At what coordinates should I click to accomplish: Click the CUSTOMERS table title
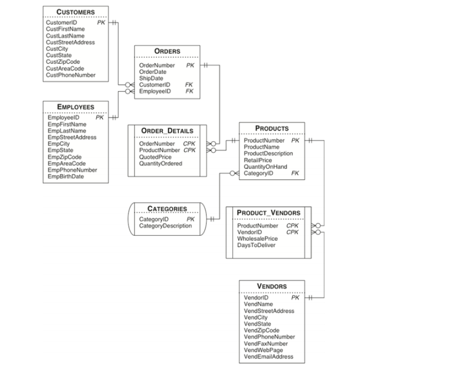(x=76, y=12)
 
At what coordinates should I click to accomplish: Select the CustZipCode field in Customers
(x=63, y=62)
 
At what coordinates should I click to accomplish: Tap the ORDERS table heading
(x=167, y=51)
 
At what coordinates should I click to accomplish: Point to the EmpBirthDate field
(x=66, y=176)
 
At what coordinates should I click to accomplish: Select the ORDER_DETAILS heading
(x=167, y=131)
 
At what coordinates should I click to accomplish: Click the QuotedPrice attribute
(x=155, y=157)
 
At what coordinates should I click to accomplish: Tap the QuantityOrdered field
(x=160, y=163)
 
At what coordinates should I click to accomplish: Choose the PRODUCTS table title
(x=272, y=129)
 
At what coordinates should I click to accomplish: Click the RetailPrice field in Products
(x=258, y=160)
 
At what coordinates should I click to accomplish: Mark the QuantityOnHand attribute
(x=265, y=167)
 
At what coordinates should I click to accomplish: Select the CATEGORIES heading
(x=167, y=209)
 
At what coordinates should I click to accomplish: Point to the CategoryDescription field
(x=165, y=226)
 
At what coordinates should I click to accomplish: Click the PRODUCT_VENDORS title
(x=268, y=213)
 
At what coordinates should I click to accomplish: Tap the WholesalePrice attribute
(x=257, y=239)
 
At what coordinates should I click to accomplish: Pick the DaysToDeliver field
(x=256, y=245)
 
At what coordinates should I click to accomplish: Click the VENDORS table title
(x=272, y=287)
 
